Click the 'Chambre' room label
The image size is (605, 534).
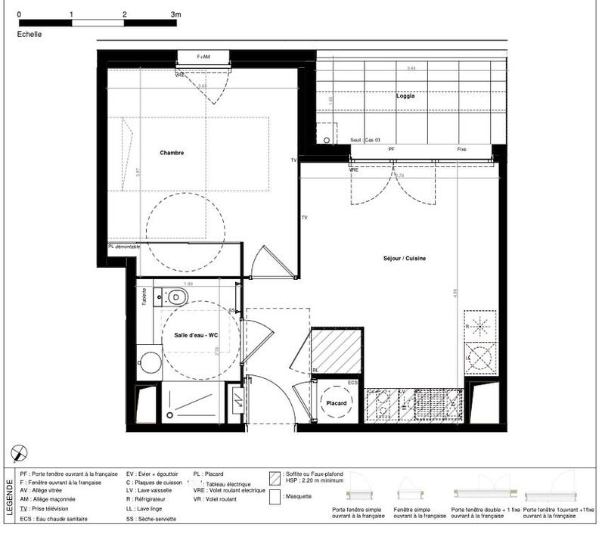coord(172,153)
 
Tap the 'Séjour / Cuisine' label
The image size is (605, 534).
coord(405,259)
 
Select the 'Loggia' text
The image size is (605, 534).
coord(405,96)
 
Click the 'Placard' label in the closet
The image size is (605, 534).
coord(337,403)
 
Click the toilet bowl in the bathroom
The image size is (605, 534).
coord(175,295)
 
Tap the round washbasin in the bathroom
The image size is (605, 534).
coord(150,362)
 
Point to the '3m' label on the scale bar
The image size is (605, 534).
coord(175,14)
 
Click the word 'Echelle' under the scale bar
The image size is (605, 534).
coord(29,34)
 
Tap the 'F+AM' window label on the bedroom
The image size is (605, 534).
coord(203,57)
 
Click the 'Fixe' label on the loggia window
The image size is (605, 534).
coord(461,149)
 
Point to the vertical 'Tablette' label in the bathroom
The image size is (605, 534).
coord(143,297)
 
